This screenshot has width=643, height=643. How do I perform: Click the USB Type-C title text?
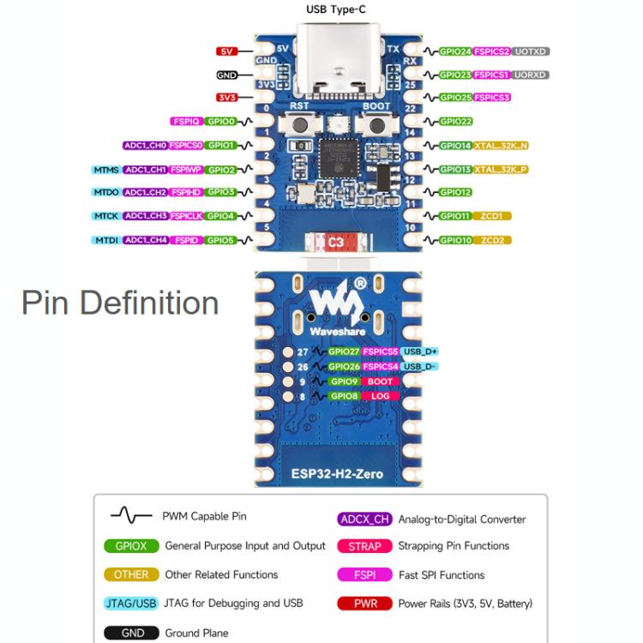[342, 10]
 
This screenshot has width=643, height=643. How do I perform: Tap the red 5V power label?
[226, 51]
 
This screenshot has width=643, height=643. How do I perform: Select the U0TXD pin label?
[532, 51]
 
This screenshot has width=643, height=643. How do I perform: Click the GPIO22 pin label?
[455, 122]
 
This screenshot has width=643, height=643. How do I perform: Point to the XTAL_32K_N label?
[501, 146]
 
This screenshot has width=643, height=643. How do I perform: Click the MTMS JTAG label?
[105, 170]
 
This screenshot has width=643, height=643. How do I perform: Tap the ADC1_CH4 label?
[145, 240]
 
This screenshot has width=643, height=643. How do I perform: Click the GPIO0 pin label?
[221, 122]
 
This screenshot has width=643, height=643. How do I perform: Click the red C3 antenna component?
[336, 243]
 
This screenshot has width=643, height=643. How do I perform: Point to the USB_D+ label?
[419, 352]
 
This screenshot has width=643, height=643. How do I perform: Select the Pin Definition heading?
[120, 303]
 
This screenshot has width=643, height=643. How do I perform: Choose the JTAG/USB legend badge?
[131, 604]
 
